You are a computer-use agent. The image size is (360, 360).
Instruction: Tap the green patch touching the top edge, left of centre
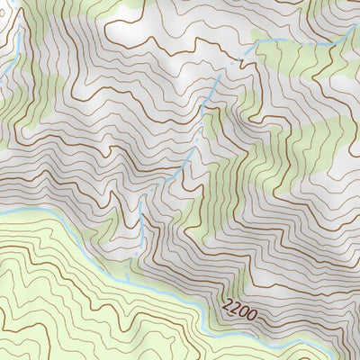pos(126,11)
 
